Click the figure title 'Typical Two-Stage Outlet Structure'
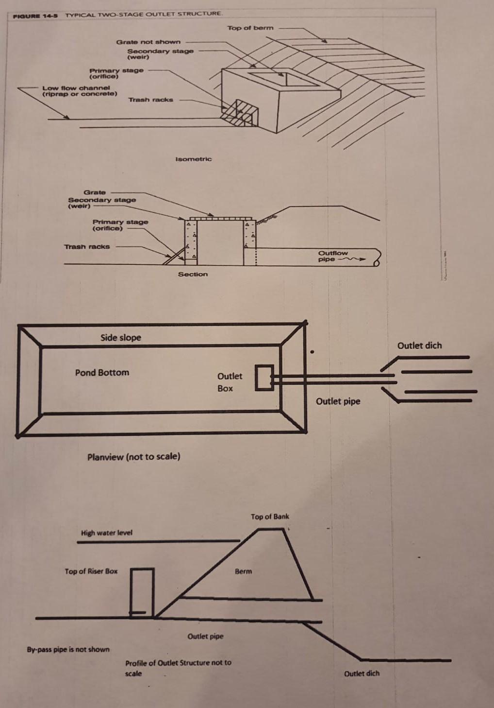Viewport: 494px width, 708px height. click(x=144, y=14)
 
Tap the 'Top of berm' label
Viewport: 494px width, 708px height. click(x=250, y=28)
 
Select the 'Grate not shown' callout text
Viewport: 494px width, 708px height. click(x=148, y=42)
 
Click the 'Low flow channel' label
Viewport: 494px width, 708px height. click(x=79, y=91)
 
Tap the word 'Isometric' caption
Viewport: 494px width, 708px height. click(x=193, y=159)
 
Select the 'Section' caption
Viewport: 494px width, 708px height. click(x=193, y=274)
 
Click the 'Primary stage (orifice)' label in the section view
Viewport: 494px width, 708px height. click(x=120, y=225)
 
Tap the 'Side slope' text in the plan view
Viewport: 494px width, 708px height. click(x=120, y=337)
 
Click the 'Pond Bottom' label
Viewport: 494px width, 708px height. click(x=102, y=373)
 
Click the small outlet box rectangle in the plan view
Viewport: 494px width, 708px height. click(x=264, y=378)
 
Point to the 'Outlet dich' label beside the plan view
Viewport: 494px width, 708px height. click(x=419, y=345)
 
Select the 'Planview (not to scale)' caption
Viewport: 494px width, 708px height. click(x=133, y=457)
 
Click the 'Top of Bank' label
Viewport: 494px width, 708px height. click(x=270, y=517)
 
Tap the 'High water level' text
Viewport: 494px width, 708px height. click(x=106, y=533)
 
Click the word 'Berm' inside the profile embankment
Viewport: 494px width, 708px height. click(x=243, y=571)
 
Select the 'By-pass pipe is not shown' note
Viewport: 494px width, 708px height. click(x=68, y=649)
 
